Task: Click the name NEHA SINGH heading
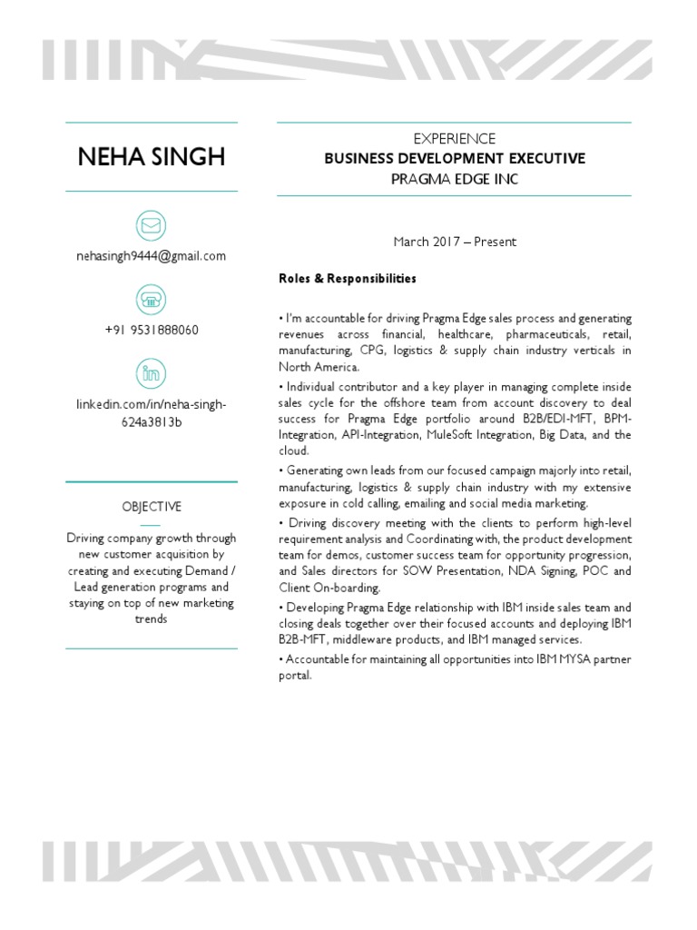click(x=152, y=157)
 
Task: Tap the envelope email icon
click(x=151, y=225)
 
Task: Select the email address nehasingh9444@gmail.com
click(x=152, y=256)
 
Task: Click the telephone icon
click(x=151, y=299)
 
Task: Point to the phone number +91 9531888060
click(x=152, y=330)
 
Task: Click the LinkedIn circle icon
click(x=151, y=372)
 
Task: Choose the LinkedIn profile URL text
click(x=152, y=413)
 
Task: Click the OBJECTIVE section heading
click(x=152, y=507)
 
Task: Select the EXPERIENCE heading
click(x=455, y=139)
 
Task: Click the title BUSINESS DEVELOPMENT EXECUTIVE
click(x=455, y=159)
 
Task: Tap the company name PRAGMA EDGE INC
click(x=455, y=179)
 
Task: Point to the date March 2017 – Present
click(x=455, y=242)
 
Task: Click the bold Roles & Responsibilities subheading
click(x=348, y=279)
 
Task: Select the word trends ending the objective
click(x=152, y=619)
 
